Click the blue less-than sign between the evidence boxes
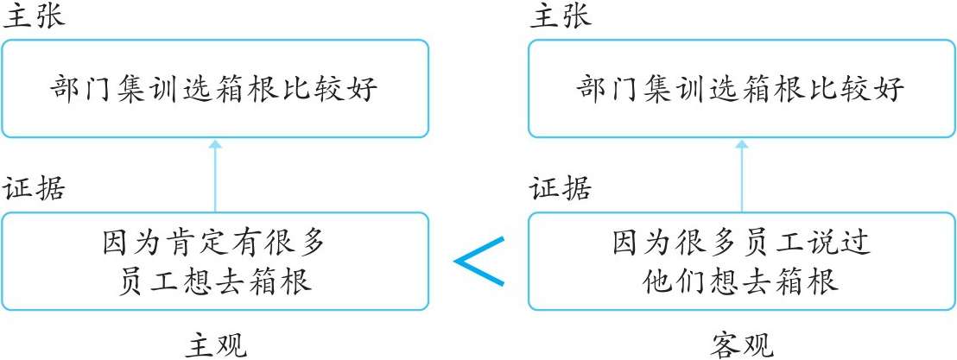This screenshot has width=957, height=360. (x=478, y=261)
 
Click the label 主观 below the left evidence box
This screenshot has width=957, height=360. (x=216, y=346)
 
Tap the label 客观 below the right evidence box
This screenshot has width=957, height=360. (x=742, y=346)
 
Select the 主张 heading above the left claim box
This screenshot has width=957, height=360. (x=33, y=18)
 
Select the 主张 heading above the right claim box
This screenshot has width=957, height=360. (x=560, y=18)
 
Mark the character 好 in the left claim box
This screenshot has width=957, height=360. (x=364, y=89)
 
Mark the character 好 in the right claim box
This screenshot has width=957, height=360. (x=890, y=89)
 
